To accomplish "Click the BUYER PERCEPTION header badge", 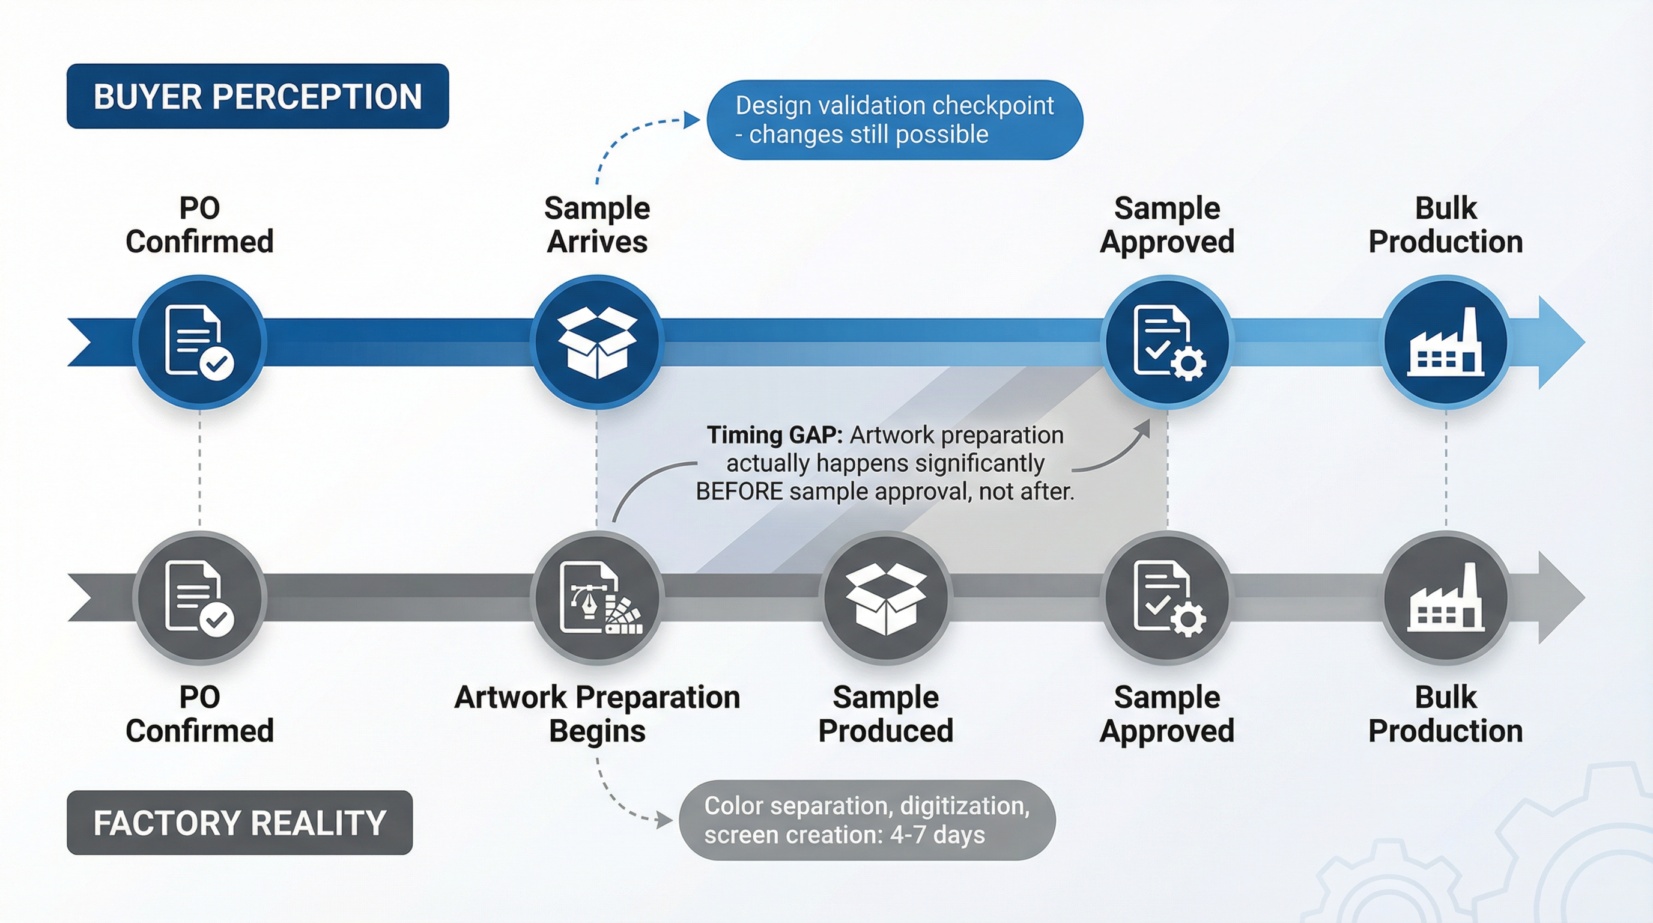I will tap(257, 96).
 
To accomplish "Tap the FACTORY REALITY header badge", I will tap(239, 823).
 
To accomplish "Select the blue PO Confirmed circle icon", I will tap(199, 342).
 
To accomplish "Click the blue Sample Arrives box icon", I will tap(598, 342).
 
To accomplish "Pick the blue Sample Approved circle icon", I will tap(1167, 342).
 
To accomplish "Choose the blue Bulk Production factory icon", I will tap(1446, 342).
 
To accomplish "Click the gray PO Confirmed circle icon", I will tap(199, 597).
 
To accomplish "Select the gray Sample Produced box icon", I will tap(886, 597).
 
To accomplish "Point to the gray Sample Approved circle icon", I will tap(1167, 597).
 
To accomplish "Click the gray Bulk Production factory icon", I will tap(1446, 597).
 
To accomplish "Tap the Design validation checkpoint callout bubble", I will tap(894, 120).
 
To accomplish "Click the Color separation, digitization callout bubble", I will tap(867, 820).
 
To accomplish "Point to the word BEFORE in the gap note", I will tap(739, 492).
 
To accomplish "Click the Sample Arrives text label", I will tap(598, 225).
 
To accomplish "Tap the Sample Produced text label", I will tap(886, 714).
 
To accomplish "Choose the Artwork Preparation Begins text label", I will tap(598, 714).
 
